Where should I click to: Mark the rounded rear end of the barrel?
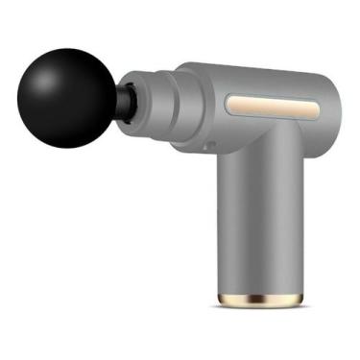(331, 101)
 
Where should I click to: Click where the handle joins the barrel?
(261, 144)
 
